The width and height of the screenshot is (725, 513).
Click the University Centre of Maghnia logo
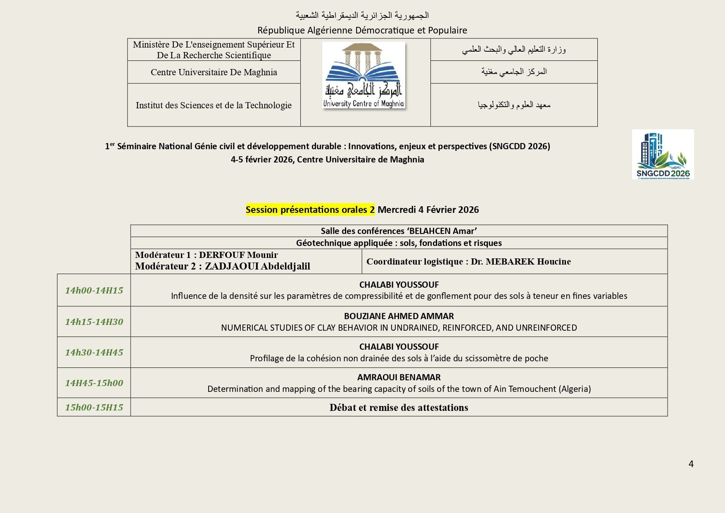[x=364, y=75]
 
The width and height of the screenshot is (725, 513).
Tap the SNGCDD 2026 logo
[x=663, y=154]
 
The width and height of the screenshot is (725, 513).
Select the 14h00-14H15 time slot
[x=94, y=290]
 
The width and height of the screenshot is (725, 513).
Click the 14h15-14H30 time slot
[x=94, y=322]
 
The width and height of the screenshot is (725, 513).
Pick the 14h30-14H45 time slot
[x=94, y=352]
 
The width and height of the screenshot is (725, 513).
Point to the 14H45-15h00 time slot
[x=94, y=383]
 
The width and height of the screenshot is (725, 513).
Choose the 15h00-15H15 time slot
[x=94, y=407]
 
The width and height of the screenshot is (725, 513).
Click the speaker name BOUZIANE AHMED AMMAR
[x=399, y=316]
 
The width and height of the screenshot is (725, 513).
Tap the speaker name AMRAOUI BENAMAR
[x=399, y=377]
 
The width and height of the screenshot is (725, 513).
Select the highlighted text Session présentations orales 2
[x=310, y=210]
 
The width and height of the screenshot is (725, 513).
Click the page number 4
[x=691, y=464]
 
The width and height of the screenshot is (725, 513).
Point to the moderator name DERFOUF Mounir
[x=238, y=255]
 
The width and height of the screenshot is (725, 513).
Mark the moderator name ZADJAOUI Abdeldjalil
[x=257, y=266]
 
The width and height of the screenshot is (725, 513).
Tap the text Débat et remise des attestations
[x=399, y=408]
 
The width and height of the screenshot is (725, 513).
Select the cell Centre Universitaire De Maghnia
[x=214, y=72]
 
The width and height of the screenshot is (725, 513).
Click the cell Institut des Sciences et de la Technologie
[x=214, y=105]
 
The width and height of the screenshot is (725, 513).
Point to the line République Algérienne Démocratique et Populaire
[x=362, y=30]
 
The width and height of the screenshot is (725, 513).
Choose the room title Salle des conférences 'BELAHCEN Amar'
[x=399, y=231]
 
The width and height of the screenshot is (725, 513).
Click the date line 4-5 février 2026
[x=327, y=160]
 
